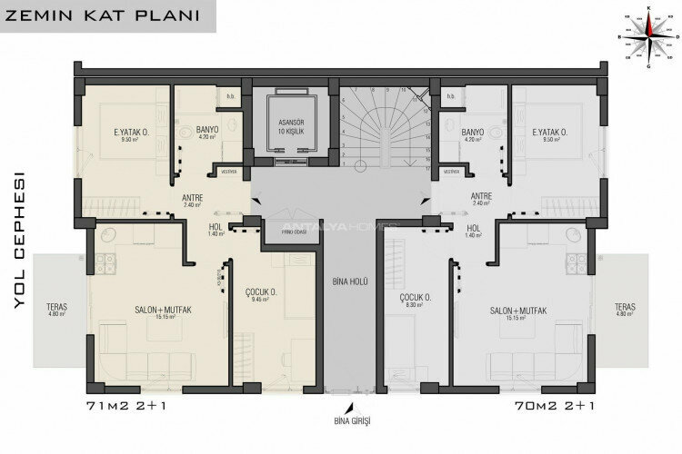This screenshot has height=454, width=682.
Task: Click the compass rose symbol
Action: (x=648, y=36)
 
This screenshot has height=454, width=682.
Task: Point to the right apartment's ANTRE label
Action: (x=482, y=199)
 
